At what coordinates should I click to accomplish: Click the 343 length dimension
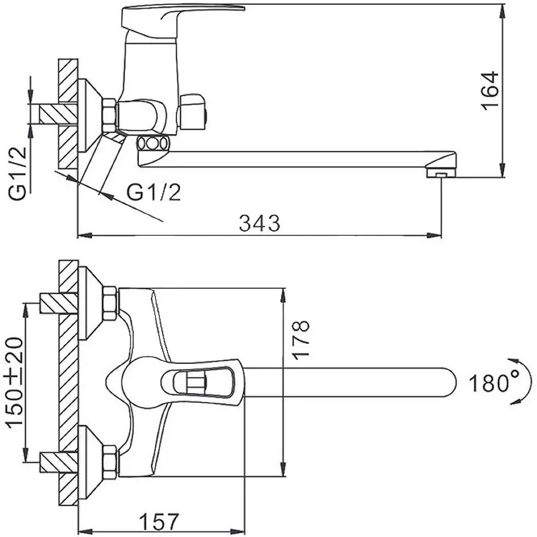259,223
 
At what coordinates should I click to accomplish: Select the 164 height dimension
489,89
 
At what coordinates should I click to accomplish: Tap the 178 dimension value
303,339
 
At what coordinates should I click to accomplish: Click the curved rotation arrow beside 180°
516,382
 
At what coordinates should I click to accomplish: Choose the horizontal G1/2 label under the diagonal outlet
154,192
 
